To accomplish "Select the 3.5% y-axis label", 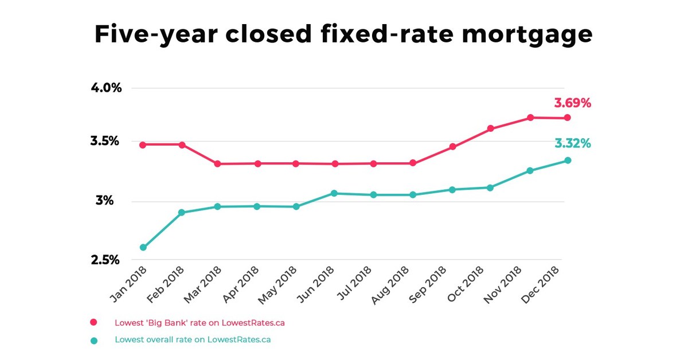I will pos(106,141).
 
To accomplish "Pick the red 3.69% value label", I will pos(572,103).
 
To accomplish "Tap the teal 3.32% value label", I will pos(572,143).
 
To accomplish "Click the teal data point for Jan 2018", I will pos(143,248).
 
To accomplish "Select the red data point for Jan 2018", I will pos(143,144).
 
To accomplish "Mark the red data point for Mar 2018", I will pos(218,164).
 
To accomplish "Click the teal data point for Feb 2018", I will pos(182,212).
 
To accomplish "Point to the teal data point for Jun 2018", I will pos(334,193).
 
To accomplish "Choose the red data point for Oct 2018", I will pos(491,128).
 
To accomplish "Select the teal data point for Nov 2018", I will pos(530,170).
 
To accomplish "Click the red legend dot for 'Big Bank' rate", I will pos(94,323).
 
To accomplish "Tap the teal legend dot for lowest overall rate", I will pos(94,340).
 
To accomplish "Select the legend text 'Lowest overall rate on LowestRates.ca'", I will pos(193,339).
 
